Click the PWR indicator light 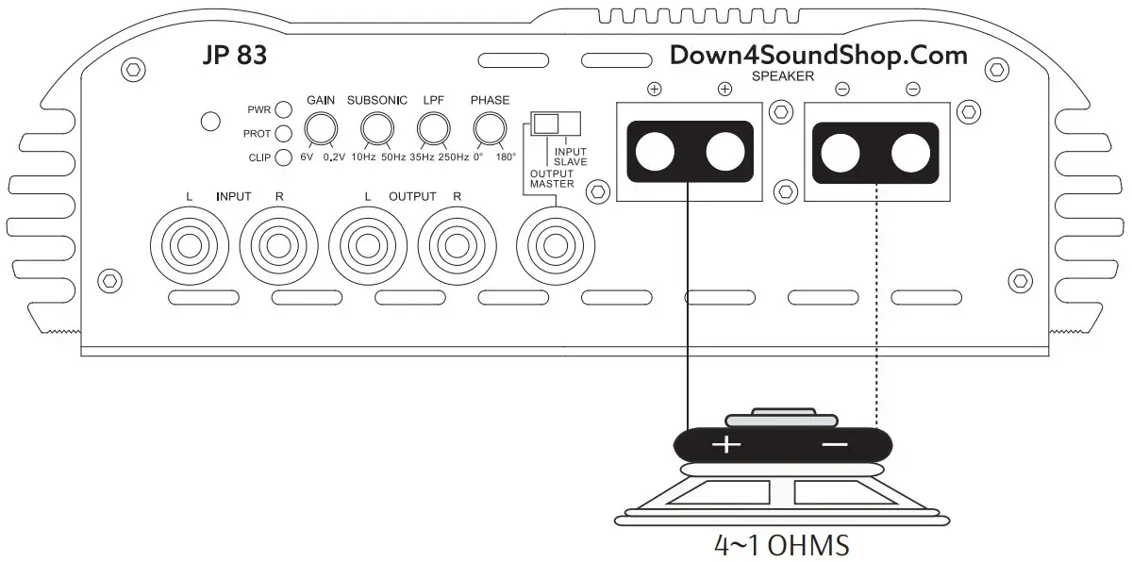(x=281, y=109)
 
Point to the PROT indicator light (x=281, y=133)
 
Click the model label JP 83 (x=234, y=56)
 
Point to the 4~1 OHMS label (x=782, y=545)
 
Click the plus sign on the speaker (x=725, y=443)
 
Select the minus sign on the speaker (x=834, y=443)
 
